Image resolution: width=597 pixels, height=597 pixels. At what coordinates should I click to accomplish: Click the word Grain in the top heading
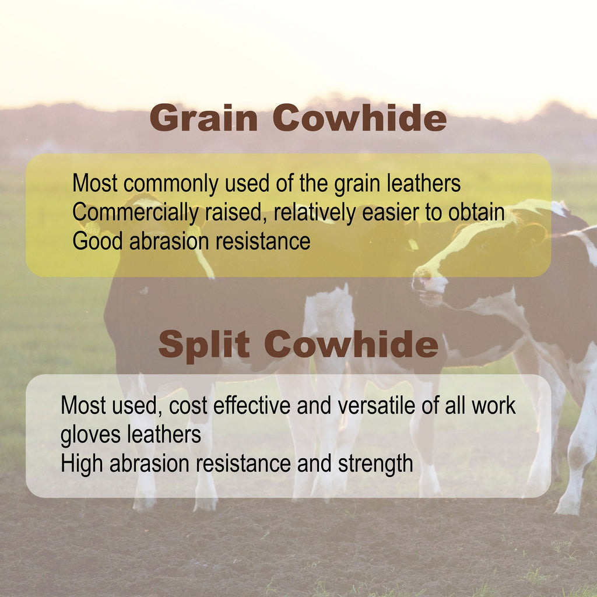203,118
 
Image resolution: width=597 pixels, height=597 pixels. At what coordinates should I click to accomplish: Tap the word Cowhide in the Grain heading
359,118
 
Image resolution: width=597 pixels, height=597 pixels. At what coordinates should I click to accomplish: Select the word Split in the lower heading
204,345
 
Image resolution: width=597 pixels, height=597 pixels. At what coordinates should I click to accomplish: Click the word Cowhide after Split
352,344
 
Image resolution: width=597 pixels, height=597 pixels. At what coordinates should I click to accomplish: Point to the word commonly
171,184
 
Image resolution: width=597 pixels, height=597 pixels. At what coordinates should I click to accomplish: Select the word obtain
476,212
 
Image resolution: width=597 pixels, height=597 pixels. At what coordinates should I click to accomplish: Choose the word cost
188,406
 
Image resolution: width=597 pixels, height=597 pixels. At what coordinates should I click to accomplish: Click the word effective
252,405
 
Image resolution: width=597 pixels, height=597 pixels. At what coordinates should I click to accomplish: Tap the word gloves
90,435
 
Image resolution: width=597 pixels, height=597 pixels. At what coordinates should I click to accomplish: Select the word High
82,463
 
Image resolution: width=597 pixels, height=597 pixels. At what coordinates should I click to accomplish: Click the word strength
375,463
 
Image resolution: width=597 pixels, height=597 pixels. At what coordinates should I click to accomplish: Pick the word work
494,405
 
